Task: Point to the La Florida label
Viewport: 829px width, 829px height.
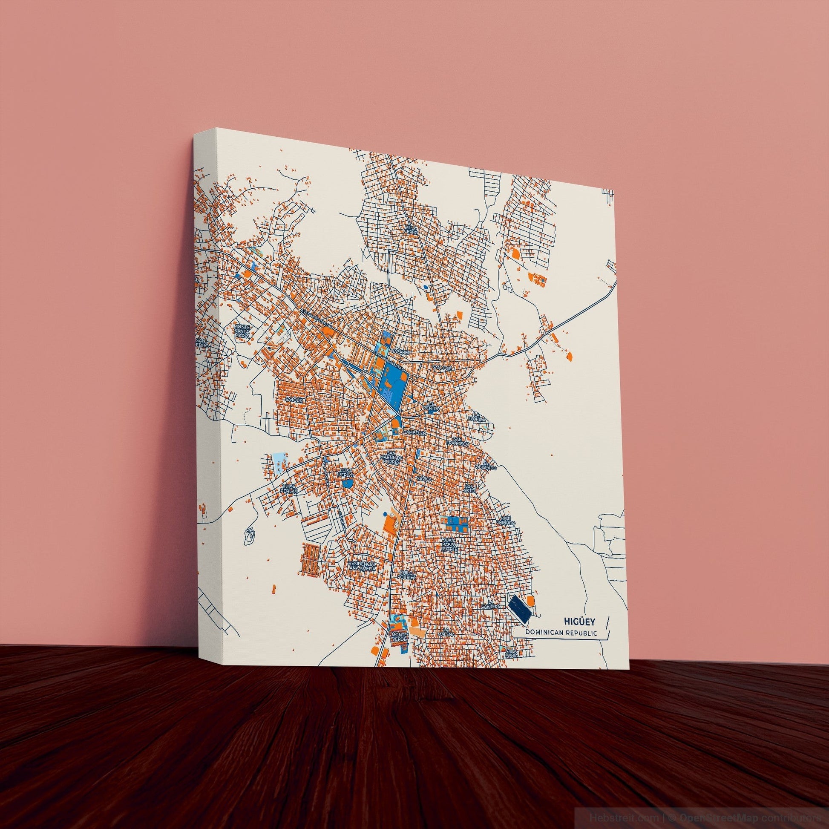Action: pos(477,416)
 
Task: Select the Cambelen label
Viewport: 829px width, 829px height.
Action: pos(414,433)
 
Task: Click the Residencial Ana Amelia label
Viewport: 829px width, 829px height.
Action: pos(363,566)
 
